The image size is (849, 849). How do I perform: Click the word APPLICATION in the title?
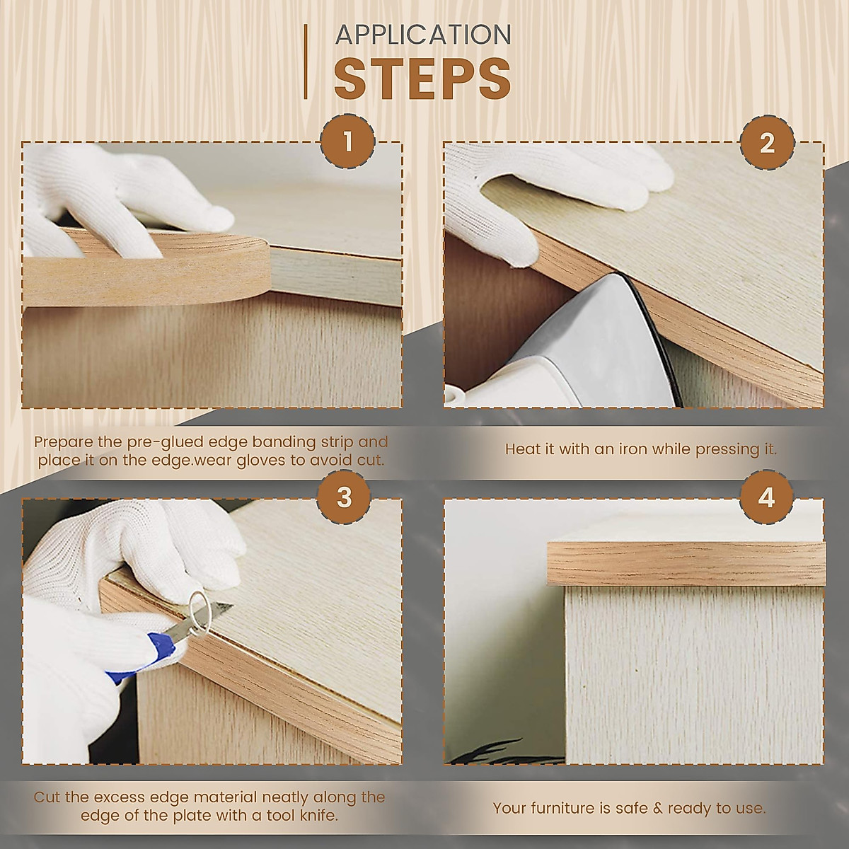point(423,35)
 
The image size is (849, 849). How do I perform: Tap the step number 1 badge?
point(347,142)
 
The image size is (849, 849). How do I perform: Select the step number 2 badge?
point(767,143)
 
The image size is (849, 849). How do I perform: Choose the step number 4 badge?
point(766,498)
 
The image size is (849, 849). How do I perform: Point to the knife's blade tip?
point(233,604)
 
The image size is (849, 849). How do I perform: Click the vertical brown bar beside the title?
point(306,62)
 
